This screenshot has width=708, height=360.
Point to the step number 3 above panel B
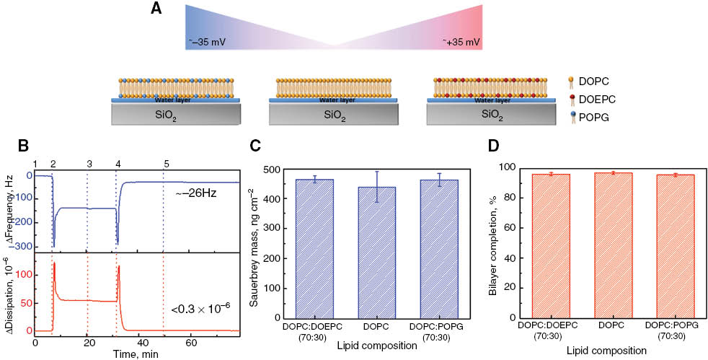click(x=88, y=163)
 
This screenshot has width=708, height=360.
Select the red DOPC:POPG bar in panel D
click(x=675, y=245)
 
